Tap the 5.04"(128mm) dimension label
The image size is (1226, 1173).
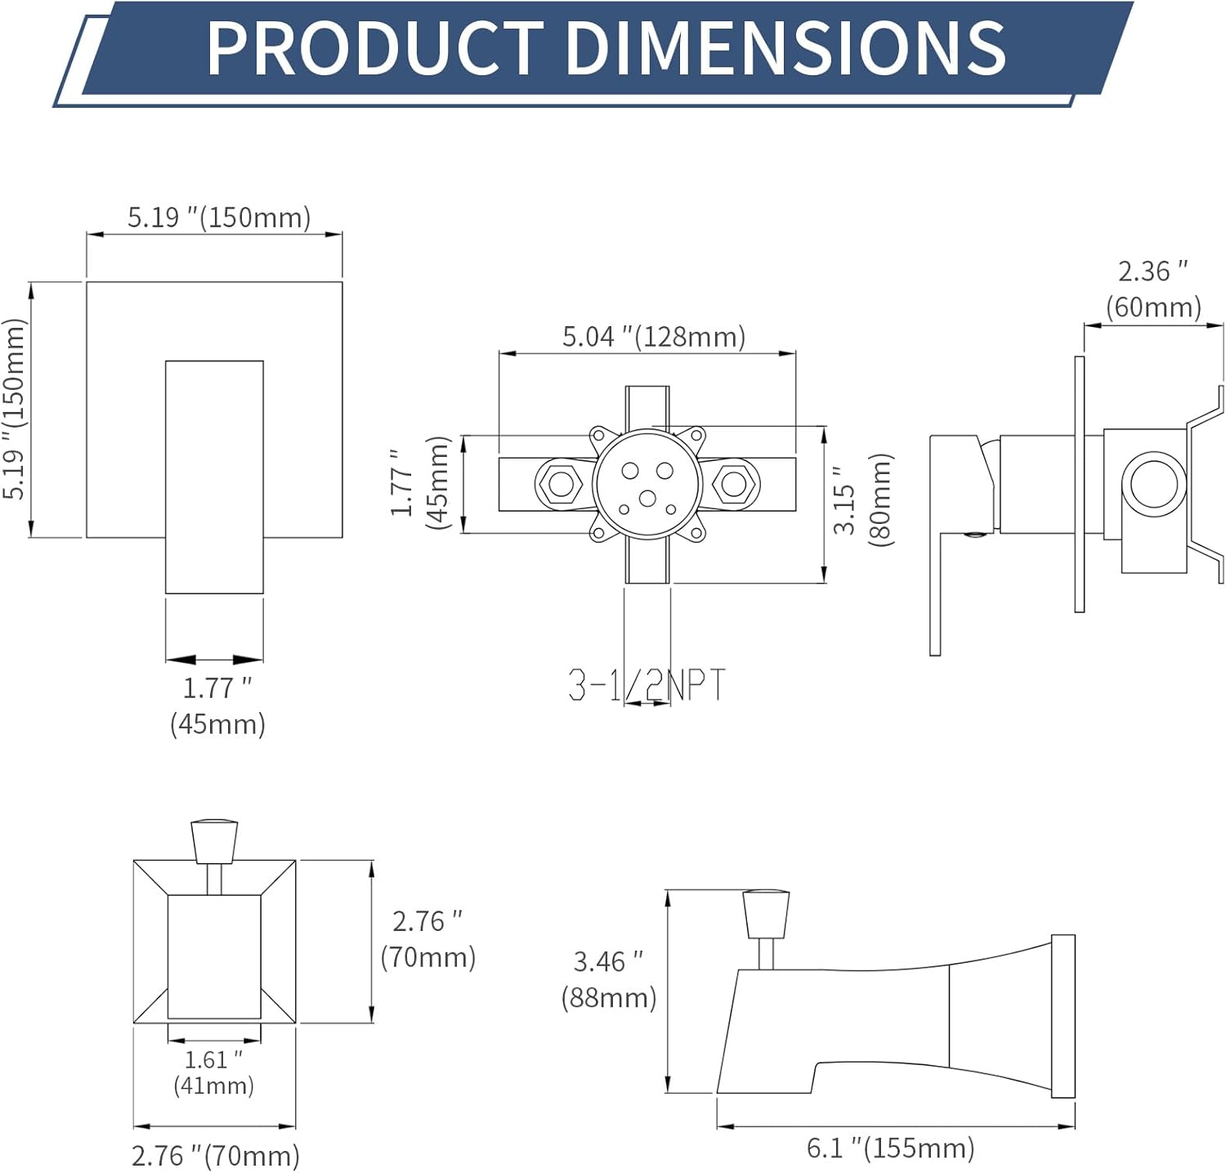654,336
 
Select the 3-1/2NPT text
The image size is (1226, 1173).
647,685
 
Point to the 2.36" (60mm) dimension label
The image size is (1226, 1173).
1153,289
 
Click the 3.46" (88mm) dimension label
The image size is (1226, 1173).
609,979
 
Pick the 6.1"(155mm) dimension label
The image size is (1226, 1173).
891,1148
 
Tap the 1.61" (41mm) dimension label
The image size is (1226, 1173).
214,1072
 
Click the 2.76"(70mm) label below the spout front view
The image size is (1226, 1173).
216,1155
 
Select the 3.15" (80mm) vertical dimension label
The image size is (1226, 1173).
863,500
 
